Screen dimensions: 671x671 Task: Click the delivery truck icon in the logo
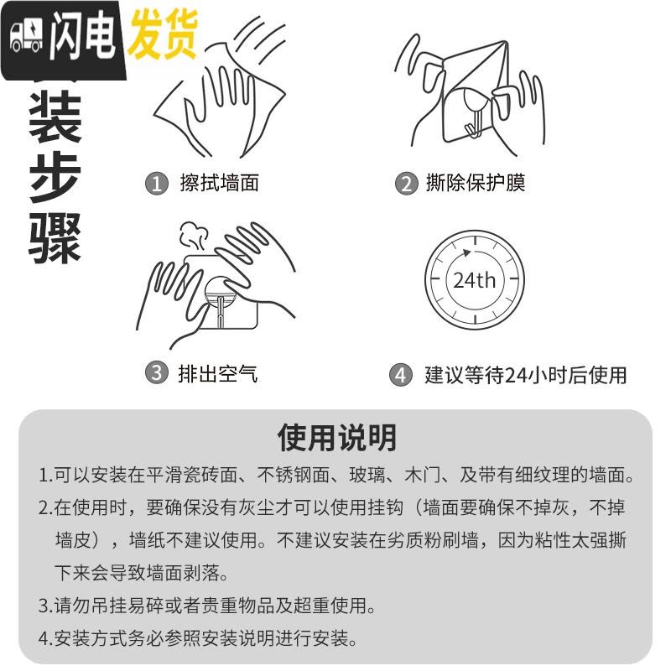26,38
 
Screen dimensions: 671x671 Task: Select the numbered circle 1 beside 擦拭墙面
156,184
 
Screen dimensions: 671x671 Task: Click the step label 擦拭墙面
219,183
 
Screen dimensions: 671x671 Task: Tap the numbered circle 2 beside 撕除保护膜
407,184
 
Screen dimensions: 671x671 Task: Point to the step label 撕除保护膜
476,183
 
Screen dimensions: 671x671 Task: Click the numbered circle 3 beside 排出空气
156,372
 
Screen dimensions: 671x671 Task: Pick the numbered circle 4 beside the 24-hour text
401,375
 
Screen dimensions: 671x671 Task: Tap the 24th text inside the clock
474,280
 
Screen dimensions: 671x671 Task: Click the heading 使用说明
336,437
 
